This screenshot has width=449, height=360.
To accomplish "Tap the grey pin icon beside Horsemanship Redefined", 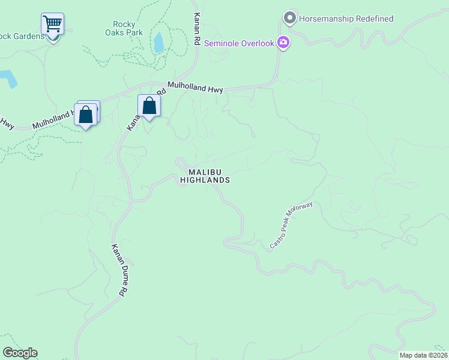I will coord(290,18).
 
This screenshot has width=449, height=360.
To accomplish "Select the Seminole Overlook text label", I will coord(239,43).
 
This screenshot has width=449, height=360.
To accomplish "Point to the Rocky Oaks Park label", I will coord(127,28).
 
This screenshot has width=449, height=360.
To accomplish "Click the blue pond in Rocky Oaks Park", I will coord(158,43).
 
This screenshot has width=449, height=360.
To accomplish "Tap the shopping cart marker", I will coord(53,25).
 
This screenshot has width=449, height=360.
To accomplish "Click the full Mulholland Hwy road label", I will coord(195,88).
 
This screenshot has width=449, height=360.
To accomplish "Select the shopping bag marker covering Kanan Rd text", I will coord(149,106).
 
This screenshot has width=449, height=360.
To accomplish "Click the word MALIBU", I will coord(205,172).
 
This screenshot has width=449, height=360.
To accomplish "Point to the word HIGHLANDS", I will coord(205,180).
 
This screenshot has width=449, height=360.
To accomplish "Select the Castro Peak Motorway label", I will coord(291,226).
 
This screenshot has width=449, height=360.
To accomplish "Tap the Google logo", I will coord(20,353).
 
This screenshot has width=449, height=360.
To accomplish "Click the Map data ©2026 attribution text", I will coord(423,355).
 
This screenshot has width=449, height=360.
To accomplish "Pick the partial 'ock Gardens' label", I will coord(22,36).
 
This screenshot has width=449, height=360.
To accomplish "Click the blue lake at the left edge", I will coord(7,79).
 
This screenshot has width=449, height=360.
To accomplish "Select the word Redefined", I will coord(373,19).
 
